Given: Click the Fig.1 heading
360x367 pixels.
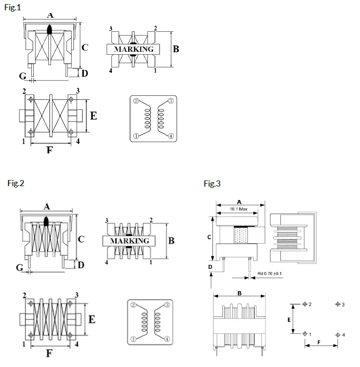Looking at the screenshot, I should [x=13, y=7].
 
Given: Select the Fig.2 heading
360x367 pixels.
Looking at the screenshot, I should [x=15, y=183].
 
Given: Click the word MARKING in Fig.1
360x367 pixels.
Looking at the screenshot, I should [x=133, y=49].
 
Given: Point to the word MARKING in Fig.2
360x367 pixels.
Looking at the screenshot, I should [x=129, y=241].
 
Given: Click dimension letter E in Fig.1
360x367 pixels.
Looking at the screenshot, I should [x=93, y=115].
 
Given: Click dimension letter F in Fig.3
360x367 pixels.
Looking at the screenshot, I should [x=319, y=342].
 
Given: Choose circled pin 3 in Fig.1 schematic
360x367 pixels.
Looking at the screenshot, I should [x=170, y=101].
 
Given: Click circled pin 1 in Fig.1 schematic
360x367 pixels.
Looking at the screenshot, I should [x=136, y=137].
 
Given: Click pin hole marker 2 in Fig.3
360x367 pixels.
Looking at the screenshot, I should [x=305, y=304].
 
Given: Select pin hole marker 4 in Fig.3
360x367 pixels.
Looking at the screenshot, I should [x=338, y=334].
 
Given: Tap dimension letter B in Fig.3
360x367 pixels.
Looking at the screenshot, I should [x=239, y=294].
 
